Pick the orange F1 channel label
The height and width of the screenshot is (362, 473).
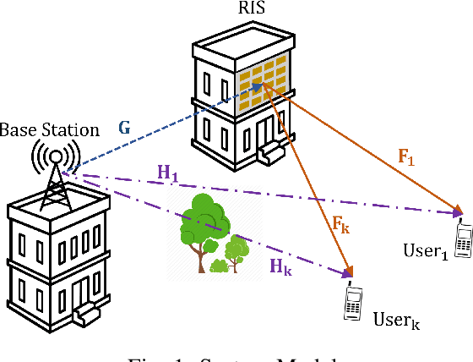click(407, 157)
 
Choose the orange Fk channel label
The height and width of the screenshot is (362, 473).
click(340, 226)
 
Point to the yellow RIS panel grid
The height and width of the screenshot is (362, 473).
click(264, 74)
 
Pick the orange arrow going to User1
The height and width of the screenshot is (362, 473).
click(372, 145)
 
